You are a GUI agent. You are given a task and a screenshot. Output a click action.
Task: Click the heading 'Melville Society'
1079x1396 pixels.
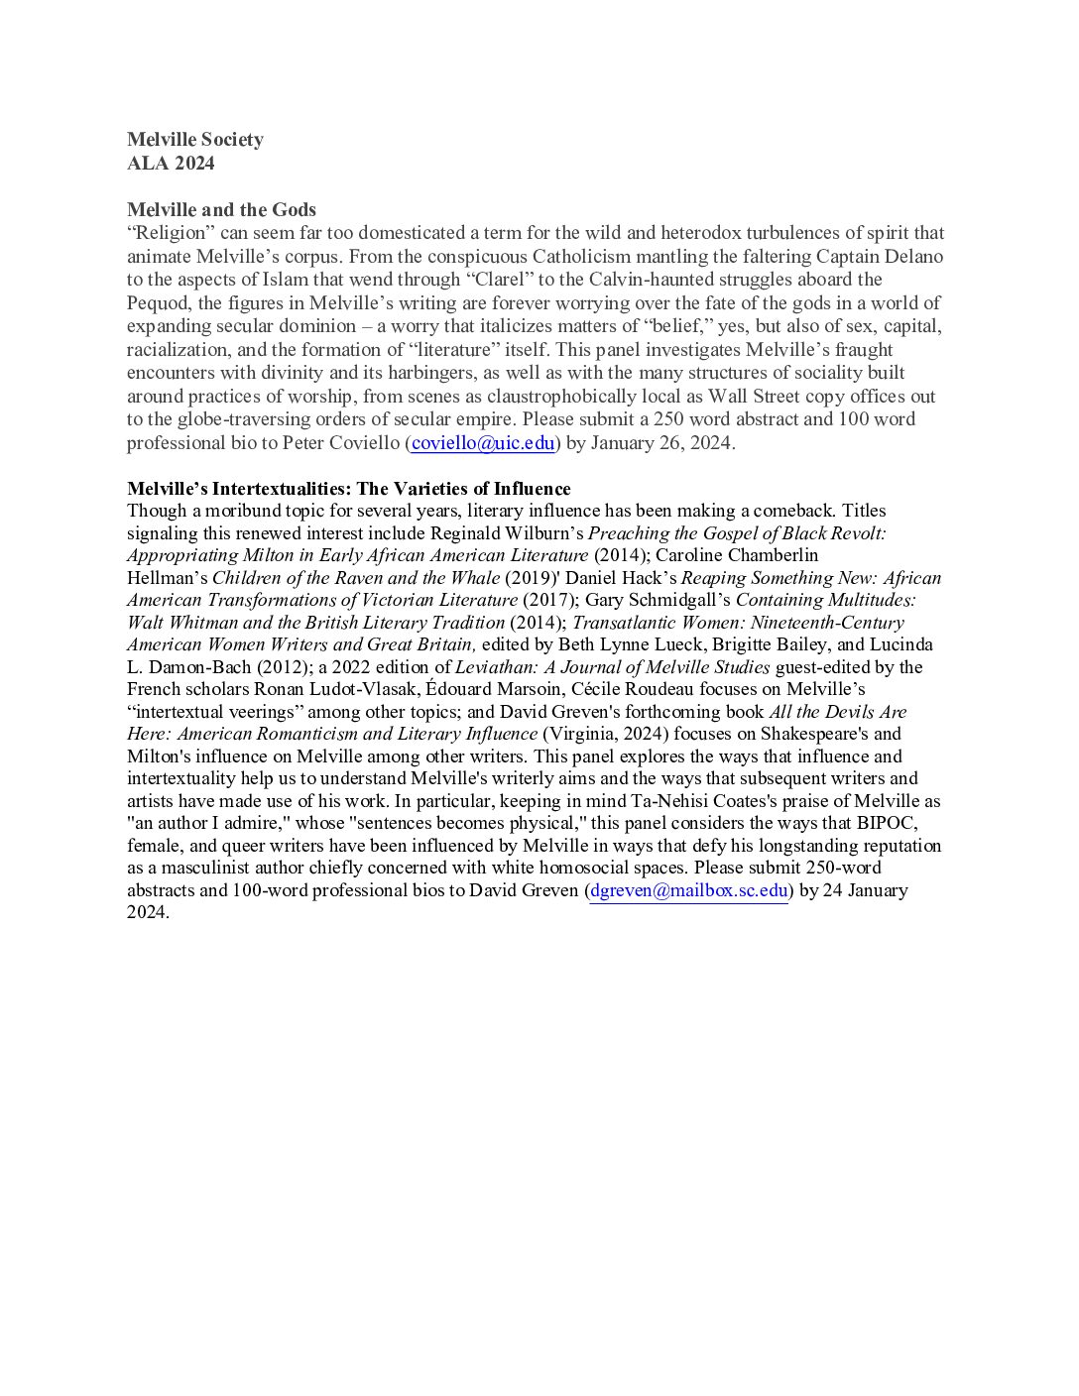[194, 140]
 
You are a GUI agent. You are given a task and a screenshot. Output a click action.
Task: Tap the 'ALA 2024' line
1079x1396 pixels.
[171, 163]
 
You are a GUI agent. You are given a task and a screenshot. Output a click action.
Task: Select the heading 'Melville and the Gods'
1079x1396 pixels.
[221, 209]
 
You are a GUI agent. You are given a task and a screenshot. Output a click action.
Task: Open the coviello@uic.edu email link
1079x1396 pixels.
[482, 443]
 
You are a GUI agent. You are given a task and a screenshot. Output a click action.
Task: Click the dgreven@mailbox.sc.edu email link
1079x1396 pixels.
[688, 890]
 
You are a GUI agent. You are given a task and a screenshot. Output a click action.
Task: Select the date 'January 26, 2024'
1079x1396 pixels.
[661, 443]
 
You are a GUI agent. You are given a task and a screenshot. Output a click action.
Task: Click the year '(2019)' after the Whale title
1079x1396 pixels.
[535, 578]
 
